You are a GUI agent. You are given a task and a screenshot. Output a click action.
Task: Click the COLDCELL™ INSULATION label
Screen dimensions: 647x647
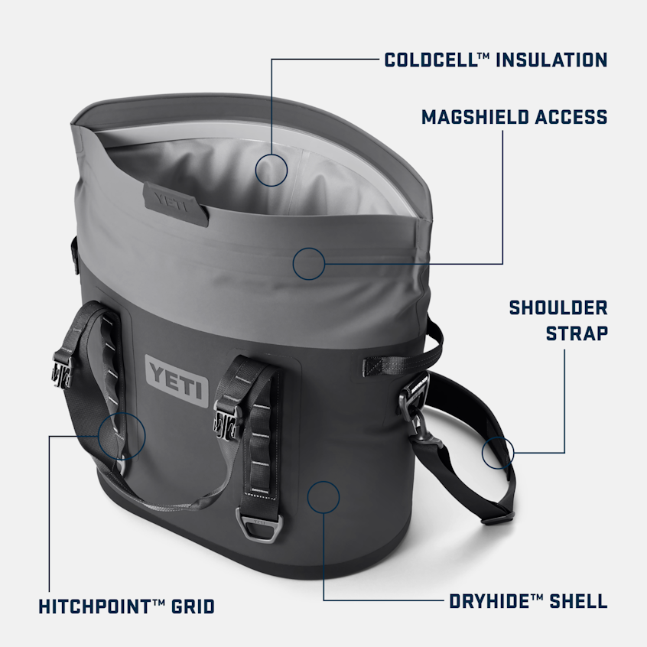pyautogui.click(x=496, y=60)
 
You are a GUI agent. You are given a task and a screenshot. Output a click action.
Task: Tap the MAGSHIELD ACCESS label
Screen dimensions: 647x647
pyautogui.click(x=514, y=117)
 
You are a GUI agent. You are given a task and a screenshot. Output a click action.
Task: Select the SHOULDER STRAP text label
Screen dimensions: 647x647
pyautogui.click(x=558, y=320)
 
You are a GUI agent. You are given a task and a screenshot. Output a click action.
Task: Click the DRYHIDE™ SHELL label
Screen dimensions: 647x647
pyautogui.click(x=528, y=601)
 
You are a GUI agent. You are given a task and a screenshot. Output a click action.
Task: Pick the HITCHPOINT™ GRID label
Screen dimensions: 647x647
pyautogui.click(x=127, y=606)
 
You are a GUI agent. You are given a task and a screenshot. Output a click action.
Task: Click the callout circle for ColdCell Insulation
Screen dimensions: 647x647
pyautogui.click(x=271, y=169)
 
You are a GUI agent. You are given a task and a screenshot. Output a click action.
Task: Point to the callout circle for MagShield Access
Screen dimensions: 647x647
pyautogui.click(x=309, y=263)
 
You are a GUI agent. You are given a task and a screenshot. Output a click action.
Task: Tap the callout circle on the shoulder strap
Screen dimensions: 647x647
pyautogui.click(x=498, y=452)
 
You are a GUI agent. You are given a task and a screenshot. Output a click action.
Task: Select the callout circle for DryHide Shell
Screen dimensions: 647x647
pyautogui.click(x=323, y=496)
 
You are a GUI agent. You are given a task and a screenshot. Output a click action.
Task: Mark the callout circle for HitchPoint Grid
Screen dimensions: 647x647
pyautogui.click(x=122, y=435)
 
